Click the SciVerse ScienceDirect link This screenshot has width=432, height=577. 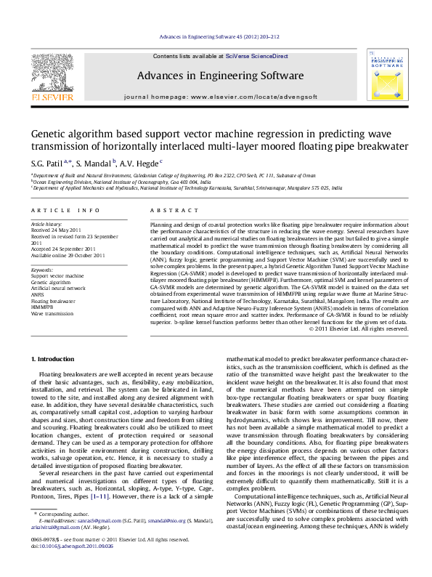256,56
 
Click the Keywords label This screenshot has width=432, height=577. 42,269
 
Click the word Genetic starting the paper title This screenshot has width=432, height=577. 49,134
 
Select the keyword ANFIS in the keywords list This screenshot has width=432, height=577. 38,294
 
